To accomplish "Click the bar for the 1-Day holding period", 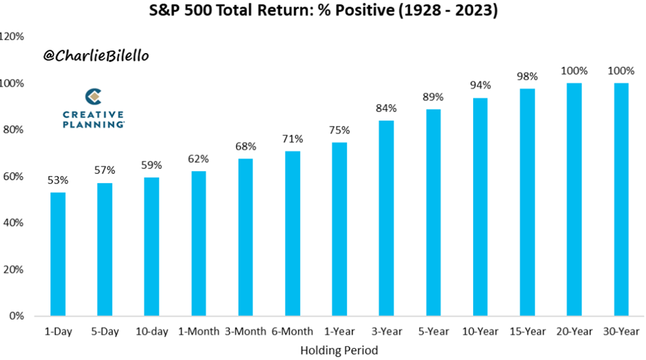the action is click(x=58, y=254).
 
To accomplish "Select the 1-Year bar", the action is click(x=339, y=229).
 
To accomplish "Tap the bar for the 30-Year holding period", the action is click(x=621, y=200).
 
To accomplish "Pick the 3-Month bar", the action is click(x=246, y=237).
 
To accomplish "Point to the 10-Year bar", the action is click(x=480, y=207).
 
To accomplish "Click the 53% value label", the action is click(x=58, y=180).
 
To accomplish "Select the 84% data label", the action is click(x=386, y=109).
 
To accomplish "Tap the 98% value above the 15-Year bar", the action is click(x=527, y=76).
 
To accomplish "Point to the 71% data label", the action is click(x=292, y=139).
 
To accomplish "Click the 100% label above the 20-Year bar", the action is click(x=574, y=71).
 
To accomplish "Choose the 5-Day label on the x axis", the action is click(x=105, y=331).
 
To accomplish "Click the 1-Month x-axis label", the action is click(x=199, y=331).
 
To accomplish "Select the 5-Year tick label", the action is click(x=433, y=331).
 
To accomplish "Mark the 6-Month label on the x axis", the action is click(x=292, y=331).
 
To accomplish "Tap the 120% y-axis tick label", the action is click(x=13, y=36).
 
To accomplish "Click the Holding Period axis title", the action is click(x=339, y=351).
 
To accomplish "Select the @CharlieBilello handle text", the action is click(x=96, y=56).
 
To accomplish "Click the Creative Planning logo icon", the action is click(x=93, y=97).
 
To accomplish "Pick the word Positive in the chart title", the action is click(x=364, y=10).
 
